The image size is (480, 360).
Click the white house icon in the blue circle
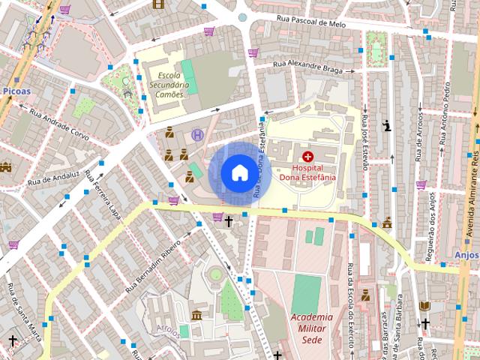(x=238, y=172)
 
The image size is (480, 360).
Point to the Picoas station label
(x=16, y=91)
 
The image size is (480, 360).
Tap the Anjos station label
(x=466, y=254)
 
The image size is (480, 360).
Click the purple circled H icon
(x=197, y=135)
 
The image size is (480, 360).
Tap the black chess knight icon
(x=387, y=125)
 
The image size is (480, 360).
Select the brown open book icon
(x=424, y=306)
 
